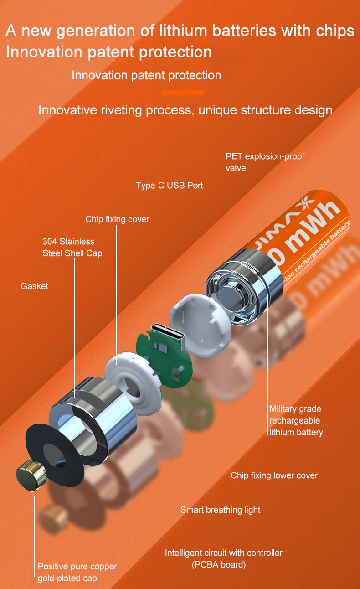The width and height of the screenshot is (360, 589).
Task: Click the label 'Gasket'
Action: pos(34,286)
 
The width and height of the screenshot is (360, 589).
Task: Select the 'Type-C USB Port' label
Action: pos(170,186)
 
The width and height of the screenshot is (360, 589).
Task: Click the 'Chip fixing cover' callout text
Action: pos(117,219)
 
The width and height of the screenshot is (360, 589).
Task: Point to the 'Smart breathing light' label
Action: pos(220,510)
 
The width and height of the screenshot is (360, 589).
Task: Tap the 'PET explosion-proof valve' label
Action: pos(265,162)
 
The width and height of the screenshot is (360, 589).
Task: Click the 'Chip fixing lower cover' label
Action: pos(274,475)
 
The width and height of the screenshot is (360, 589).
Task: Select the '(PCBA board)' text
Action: pos(218,565)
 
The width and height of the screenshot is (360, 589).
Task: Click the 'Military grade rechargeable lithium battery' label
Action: pos(296,420)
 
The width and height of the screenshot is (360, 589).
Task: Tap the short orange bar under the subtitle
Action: pos(183,92)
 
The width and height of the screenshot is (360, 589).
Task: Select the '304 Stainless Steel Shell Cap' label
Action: pos(72,247)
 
